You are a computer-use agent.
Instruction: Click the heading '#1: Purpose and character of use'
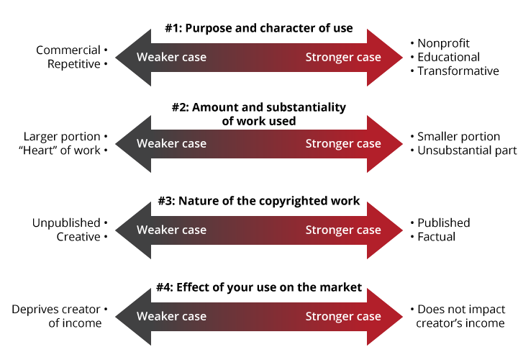click(259, 29)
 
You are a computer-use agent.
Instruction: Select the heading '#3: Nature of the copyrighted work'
click(259, 201)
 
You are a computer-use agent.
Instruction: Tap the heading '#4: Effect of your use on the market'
click(259, 287)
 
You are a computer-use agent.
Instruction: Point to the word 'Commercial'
click(68, 50)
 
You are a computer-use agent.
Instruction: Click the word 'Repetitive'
click(74, 64)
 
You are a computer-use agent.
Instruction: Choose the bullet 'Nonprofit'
click(444, 43)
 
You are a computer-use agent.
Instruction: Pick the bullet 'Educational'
click(449, 57)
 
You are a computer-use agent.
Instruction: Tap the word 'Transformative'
click(458, 71)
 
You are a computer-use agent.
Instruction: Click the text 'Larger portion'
click(62, 136)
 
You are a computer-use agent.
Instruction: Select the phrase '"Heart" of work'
click(61, 150)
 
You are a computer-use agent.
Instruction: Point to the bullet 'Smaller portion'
click(458, 136)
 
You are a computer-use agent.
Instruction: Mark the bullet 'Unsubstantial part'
click(467, 150)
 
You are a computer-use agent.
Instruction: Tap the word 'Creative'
click(78, 236)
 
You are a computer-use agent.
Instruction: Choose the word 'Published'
click(443, 222)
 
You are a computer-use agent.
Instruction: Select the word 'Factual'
click(436, 236)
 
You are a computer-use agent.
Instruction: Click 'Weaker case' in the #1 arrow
click(171, 57)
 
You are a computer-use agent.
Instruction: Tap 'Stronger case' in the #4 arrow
click(343, 316)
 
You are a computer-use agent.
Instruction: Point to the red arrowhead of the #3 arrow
click(385, 230)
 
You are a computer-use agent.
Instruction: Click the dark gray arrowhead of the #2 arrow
click(133, 143)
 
